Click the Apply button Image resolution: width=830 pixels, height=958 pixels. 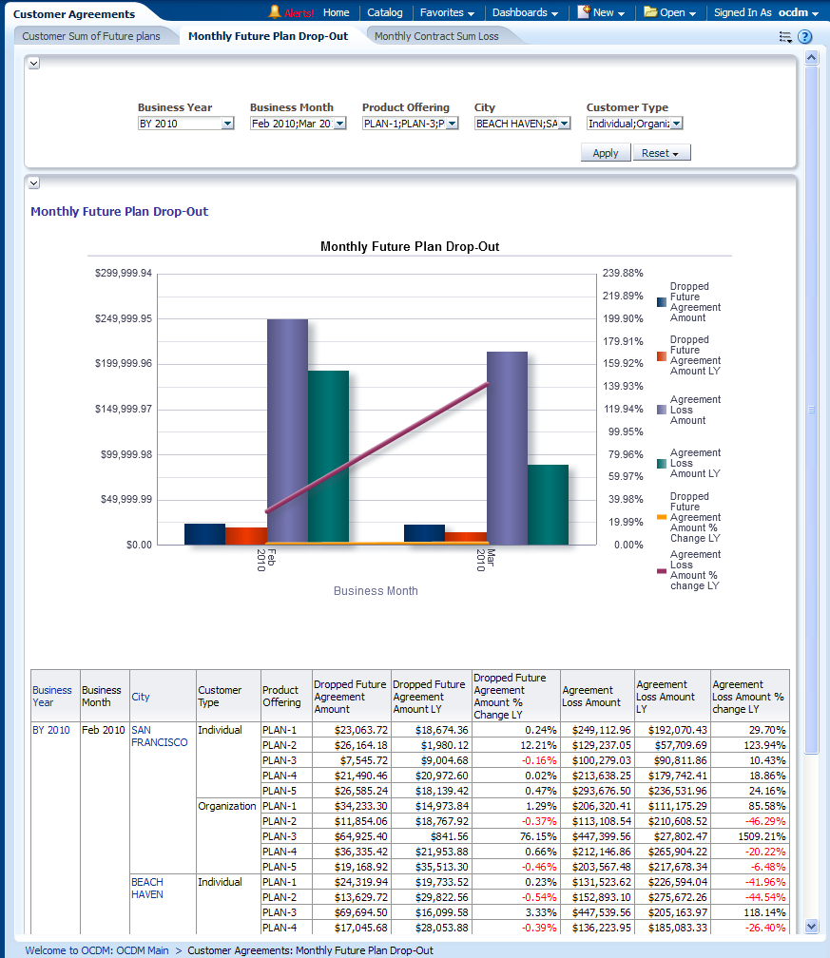pos(606,153)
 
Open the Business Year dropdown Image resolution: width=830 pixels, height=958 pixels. pos(227,124)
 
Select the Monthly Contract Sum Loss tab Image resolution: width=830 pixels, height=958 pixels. pos(435,36)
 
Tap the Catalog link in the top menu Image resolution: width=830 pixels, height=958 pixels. pos(385,12)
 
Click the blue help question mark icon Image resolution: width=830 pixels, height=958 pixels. pos(804,37)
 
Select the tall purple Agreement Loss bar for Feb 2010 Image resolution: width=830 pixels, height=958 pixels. pos(287,431)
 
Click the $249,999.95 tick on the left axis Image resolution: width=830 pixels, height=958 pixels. pos(123,318)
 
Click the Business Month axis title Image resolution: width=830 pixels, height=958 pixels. pos(376,591)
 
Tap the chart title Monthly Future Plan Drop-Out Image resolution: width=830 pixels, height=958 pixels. pos(410,246)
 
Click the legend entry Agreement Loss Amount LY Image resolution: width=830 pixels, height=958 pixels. pos(695,463)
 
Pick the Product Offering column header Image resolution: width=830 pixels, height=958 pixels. pos(281,697)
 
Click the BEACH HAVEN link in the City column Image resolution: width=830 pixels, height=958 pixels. pos(147,888)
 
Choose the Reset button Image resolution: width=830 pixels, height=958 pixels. pos(661,153)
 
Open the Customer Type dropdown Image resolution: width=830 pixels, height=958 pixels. pos(676,124)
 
